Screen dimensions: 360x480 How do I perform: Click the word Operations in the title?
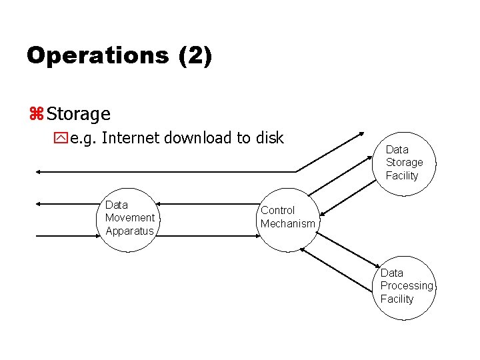[97, 55]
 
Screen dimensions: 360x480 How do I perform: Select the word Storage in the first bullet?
[79, 115]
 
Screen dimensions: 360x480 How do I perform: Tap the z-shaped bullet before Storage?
[35, 115]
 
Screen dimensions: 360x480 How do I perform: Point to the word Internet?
[131, 138]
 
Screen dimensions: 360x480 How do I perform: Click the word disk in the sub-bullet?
[268, 138]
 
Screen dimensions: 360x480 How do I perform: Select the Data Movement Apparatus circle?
[129, 218]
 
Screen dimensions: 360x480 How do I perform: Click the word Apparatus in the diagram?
[129, 231]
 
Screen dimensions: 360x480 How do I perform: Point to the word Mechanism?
[288, 224]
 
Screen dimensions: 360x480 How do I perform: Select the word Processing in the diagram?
[407, 286]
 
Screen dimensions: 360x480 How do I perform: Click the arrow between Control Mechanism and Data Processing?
[340, 265]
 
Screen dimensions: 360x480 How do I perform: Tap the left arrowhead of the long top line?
[39, 172]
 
